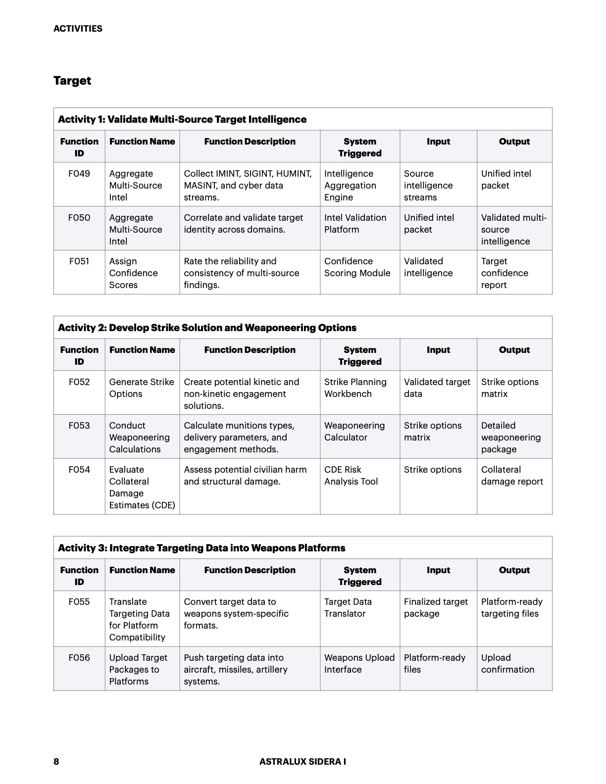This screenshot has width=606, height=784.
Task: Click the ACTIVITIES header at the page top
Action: (x=78, y=29)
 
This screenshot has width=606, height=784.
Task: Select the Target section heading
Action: (x=72, y=81)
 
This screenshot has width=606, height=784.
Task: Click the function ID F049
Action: (x=79, y=174)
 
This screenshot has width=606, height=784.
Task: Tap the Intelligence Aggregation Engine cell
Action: (x=350, y=186)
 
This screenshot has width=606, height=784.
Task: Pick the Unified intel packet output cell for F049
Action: (x=506, y=180)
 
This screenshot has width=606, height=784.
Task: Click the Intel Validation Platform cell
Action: (x=355, y=224)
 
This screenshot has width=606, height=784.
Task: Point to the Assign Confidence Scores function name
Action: (x=133, y=273)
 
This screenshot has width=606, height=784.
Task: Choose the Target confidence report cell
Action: (x=505, y=273)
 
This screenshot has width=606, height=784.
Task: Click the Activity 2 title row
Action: (x=207, y=328)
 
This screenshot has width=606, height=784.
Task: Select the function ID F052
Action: (x=79, y=382)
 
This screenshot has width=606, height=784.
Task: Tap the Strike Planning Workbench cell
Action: (x=355, y=388)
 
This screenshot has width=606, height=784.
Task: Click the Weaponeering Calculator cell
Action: (x=354, y=432)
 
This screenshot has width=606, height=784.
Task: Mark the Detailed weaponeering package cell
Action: (x=510, y=438)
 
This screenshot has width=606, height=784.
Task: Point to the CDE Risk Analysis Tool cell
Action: (x=351, y=476)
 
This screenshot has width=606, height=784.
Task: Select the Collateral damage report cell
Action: (x=512, y=476)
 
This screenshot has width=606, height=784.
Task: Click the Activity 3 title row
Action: (x=202, y=548)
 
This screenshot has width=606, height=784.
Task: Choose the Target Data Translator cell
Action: (x=348, y=608)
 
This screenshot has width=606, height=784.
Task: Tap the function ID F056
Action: (x=79, y=658)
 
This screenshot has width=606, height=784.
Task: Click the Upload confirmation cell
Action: (x=507, y=664)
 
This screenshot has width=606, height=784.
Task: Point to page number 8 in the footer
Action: (x=56, y=762)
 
